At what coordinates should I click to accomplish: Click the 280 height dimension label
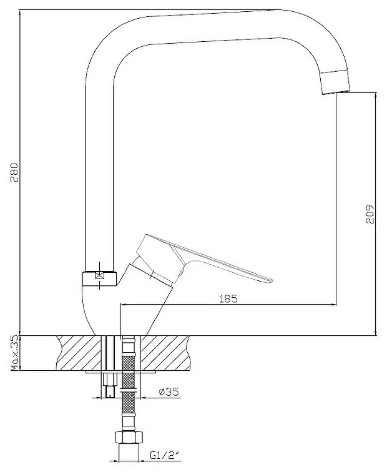click(14, 172)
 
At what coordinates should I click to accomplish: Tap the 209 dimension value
click(370, 214)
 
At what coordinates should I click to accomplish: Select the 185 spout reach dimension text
click(228, 298)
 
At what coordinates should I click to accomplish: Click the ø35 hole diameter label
click(169, 391)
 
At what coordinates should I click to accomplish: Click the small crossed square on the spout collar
click(99, 275)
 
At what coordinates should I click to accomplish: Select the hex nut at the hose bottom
click(129, 437)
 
